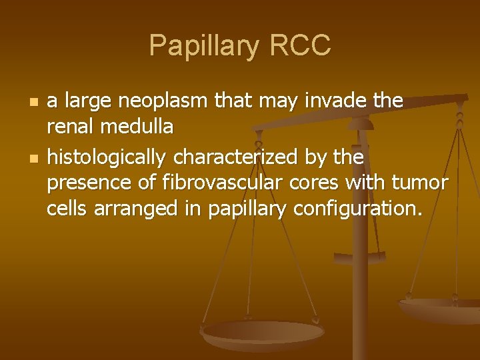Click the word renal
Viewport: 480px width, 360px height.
[69, 125]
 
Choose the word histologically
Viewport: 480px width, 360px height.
[107, 157]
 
